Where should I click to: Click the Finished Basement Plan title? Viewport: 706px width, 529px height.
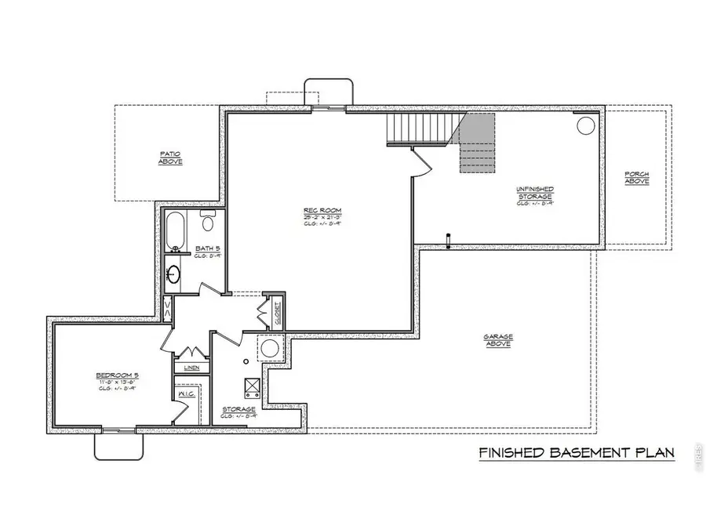[576, 454]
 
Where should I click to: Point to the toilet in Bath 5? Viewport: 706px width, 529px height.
[209, 222]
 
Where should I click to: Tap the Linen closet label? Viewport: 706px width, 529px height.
[191, 368]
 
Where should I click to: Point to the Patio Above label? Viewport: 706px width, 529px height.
[170, 158]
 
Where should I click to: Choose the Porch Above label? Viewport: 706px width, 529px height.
[636, 178]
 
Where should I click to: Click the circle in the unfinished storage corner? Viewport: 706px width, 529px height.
[585, 125]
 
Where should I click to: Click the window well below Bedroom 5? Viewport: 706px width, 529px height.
[119, 444]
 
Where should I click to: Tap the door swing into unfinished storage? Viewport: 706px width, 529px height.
[421, 162]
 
